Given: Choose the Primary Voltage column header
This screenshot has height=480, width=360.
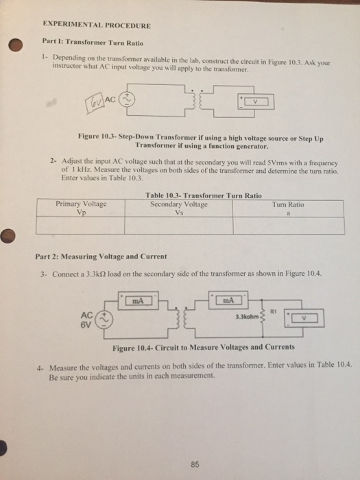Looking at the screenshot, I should coord(80,208).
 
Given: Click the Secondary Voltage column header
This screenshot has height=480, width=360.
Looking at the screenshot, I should coord(180,208).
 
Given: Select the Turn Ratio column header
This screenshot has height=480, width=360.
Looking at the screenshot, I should coord(288,208).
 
